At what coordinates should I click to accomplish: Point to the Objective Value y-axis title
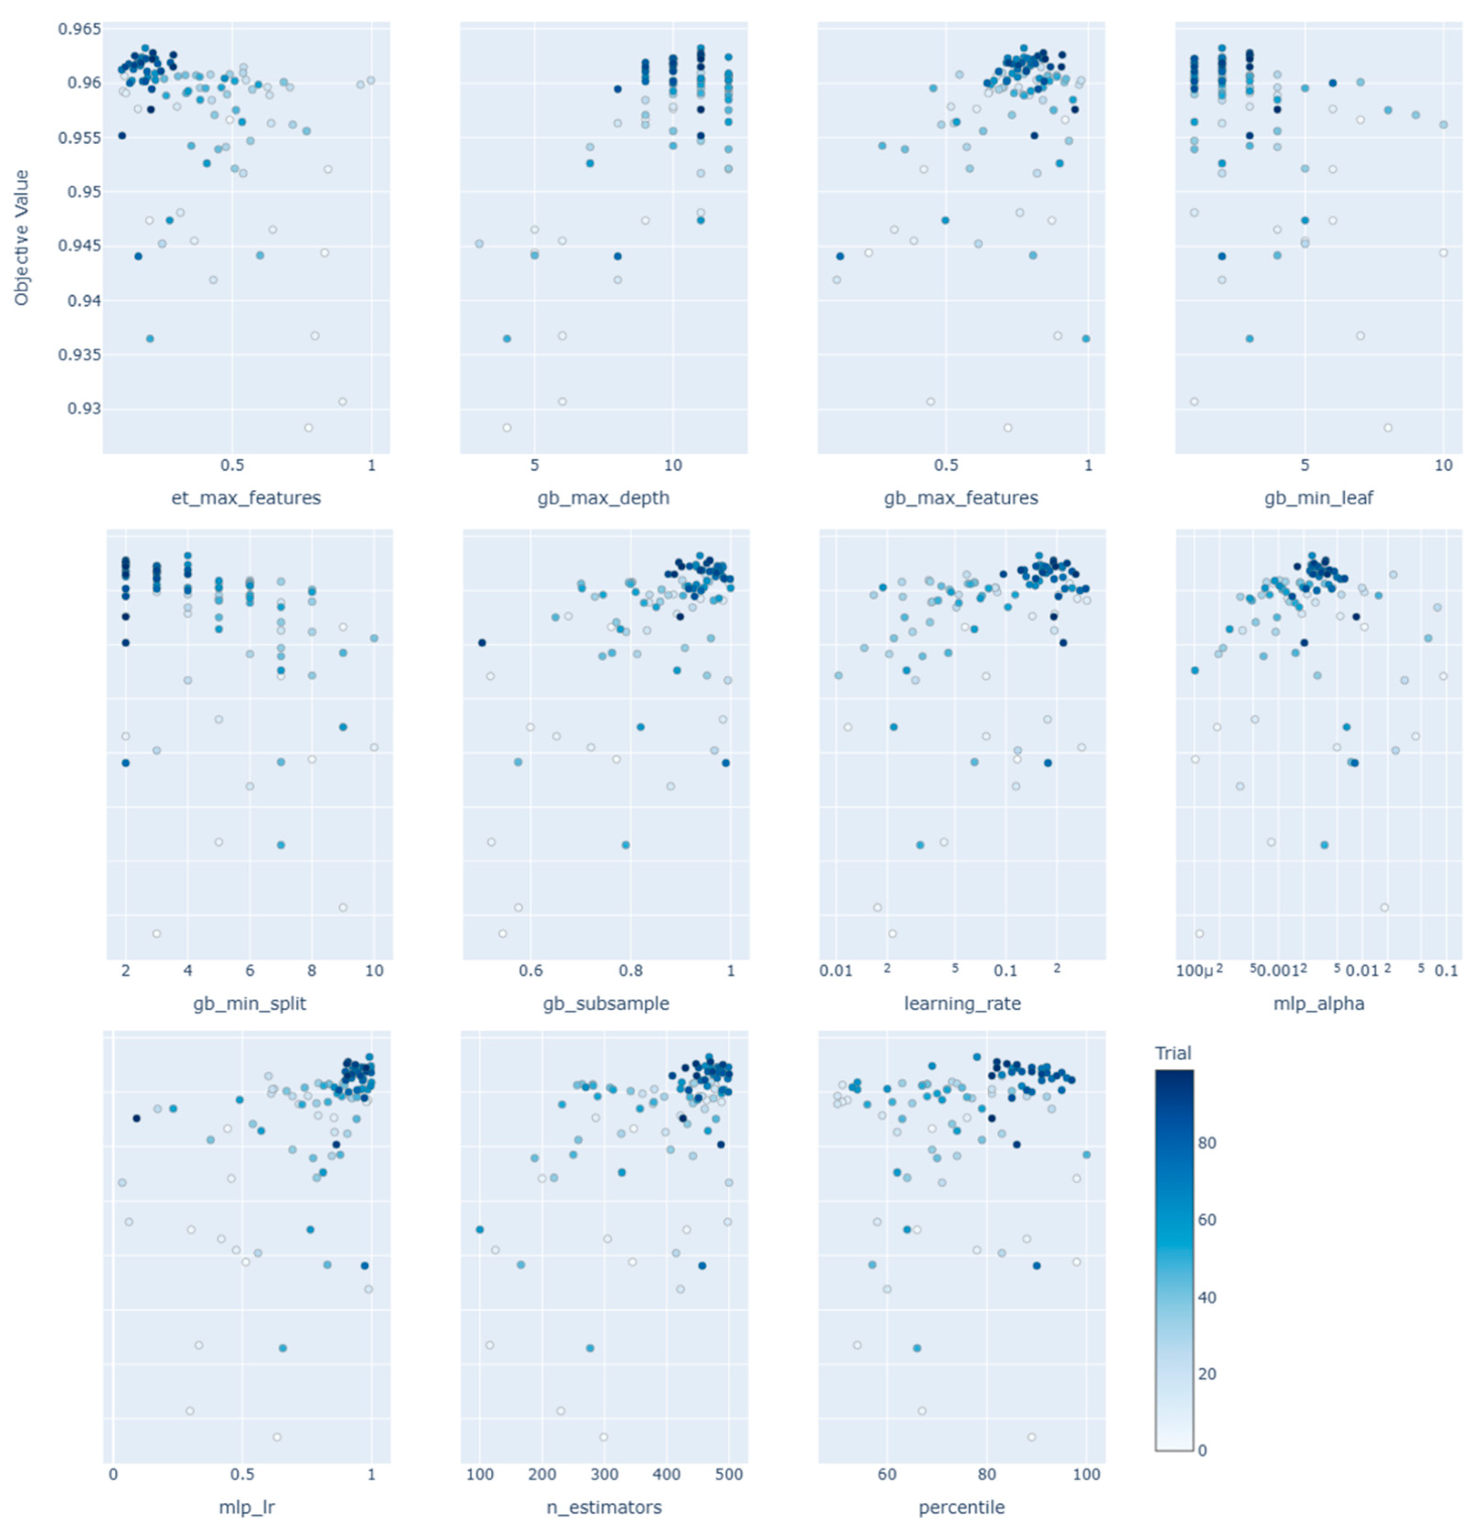tap(22, 238)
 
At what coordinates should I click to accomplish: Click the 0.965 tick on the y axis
tap(79, 30)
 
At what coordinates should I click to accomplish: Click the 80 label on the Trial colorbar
tap(1207, 1143)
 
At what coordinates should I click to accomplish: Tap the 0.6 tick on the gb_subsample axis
tap(531, 971)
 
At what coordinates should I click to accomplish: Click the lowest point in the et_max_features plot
tap(308, 427)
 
